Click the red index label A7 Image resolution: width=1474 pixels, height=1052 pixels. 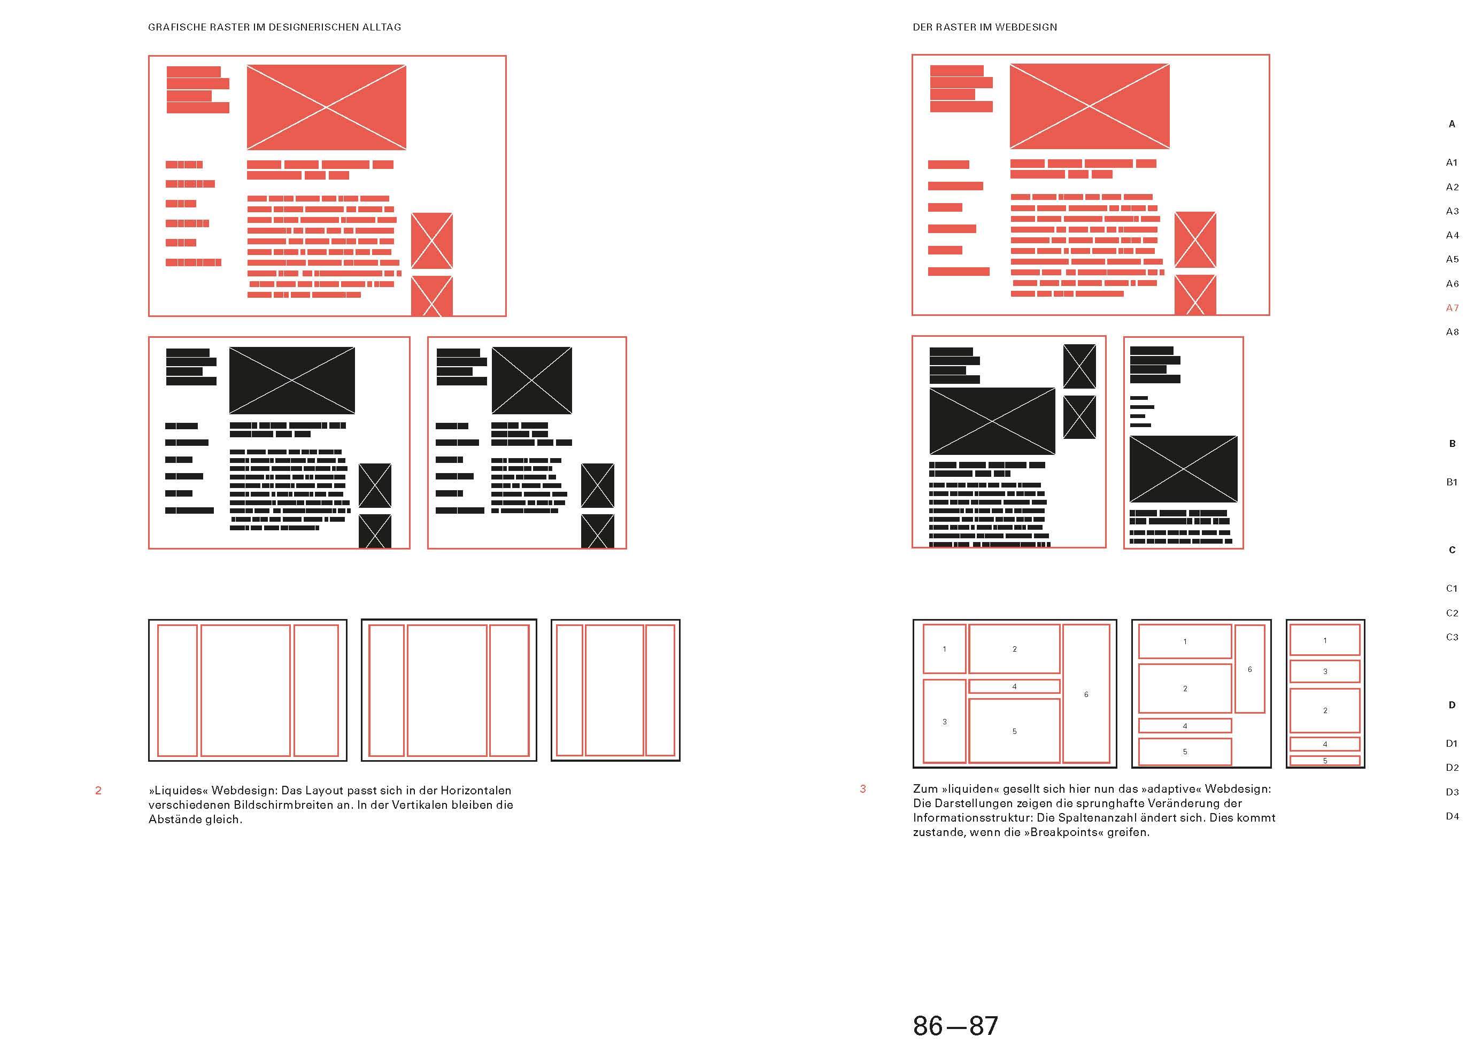click(x=1452, y=308)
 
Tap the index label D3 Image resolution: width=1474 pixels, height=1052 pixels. click(x=1452, y=792)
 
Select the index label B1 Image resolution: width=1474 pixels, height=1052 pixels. click(x=1452, y=482)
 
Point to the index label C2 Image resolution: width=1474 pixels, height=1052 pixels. click(x=1452, y=613)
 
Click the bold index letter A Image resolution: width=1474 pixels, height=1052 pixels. click(x=1452, y=123)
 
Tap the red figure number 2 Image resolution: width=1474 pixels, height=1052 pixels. click(x=98, y=790)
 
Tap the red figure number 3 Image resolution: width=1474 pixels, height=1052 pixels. click(x=862, y=788)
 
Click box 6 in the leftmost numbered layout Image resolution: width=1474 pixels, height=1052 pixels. click(x=1086, y=694)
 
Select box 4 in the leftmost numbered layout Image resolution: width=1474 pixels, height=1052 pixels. click(x=1014, y=686)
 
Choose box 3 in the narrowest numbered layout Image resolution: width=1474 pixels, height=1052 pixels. click(x=1324, y=671)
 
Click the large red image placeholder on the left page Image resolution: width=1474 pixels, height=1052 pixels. click(x=326, y=107)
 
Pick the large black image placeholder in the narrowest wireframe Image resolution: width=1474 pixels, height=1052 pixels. click(x=1183, y=469)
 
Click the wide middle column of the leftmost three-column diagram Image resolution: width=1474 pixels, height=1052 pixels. click(x=245, y=690)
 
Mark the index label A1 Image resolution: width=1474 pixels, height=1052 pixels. click(x=1452, y=163)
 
